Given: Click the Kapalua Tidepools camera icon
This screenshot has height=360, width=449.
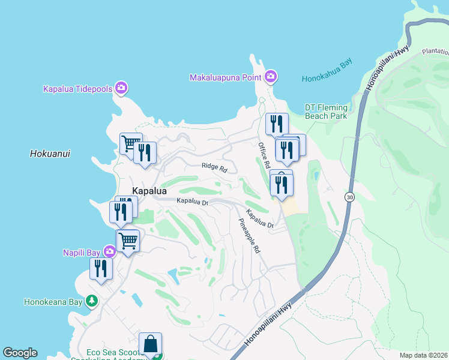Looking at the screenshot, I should (x=121, y=89).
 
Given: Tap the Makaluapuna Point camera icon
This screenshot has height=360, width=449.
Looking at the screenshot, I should (x=271, y=76).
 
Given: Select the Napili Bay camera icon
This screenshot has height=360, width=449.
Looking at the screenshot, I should (x=109, y=252).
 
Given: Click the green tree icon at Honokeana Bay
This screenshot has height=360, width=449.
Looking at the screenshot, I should (x=91, y=301).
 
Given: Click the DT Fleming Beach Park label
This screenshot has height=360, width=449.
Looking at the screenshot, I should (x=326, y=111).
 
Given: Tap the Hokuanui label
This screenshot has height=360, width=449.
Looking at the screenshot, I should (x=50, y=154).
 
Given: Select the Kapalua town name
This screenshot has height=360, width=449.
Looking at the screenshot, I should (x=149, y=190).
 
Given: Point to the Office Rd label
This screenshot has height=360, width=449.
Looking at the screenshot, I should (x=264, y=156).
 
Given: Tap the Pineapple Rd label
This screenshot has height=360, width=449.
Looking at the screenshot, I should (x=249, y=235).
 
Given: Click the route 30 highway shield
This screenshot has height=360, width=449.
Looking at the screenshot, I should (x=349, y=196).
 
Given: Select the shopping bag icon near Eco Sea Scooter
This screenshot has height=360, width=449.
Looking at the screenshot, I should (x=150, y=344).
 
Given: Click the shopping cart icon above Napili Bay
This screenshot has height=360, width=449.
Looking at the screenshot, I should (x=128, y=241).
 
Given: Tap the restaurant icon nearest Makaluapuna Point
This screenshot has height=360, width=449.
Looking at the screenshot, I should (x=277, y=124).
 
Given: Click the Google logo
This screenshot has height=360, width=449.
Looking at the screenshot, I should (x=20, y=353).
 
